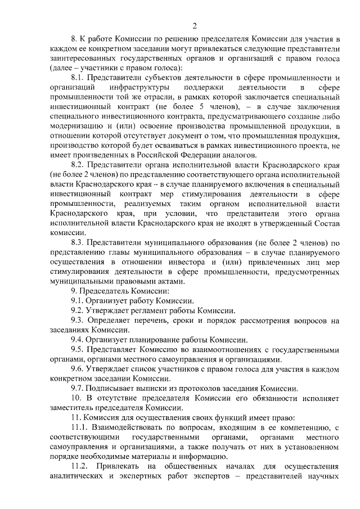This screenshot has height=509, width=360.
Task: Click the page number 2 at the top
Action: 193,25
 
